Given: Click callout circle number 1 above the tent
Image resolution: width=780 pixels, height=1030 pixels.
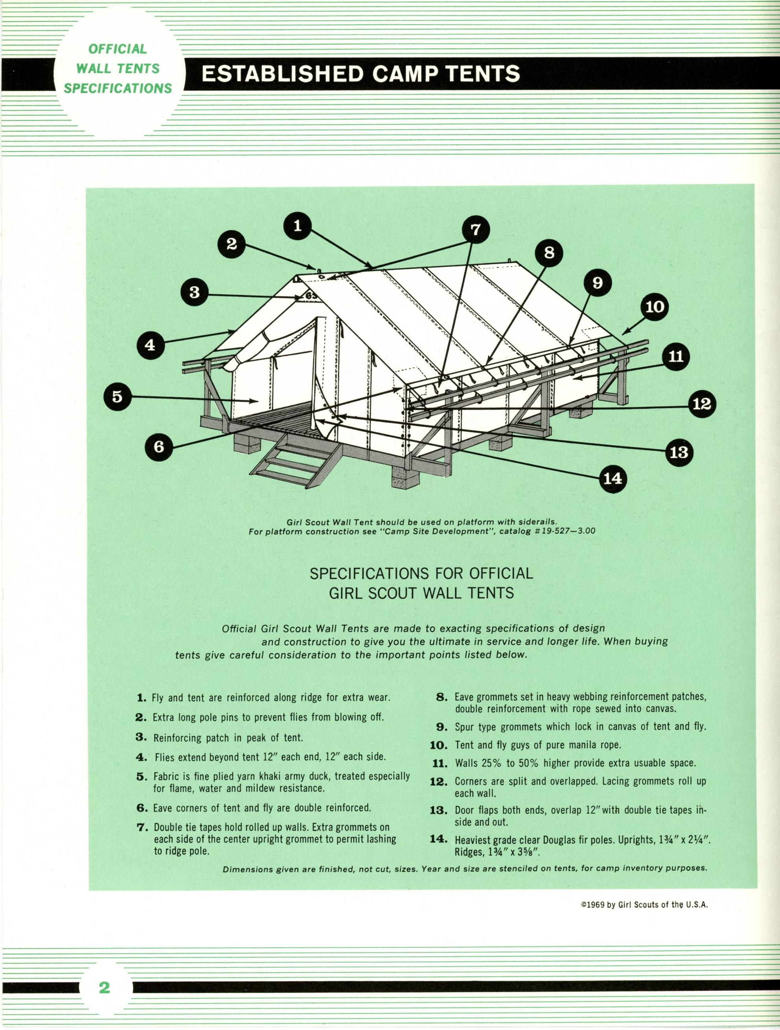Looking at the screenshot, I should [x=298, y=226].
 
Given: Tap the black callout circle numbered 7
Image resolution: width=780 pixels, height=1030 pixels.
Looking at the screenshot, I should [x=475, y=229].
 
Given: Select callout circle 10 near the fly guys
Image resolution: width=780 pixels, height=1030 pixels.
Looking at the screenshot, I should [x=655, y=307].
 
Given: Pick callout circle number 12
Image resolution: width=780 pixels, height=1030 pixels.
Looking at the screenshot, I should [x=702, y=404].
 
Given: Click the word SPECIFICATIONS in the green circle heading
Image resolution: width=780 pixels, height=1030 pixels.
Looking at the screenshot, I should [x=118, y=88].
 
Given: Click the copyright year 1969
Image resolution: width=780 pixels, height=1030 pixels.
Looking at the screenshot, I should [x=596, y=905].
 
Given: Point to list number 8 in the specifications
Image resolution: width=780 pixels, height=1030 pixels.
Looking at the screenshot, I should [x=442, y=697].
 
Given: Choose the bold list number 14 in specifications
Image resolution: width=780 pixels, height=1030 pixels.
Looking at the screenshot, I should [x=438, y=839].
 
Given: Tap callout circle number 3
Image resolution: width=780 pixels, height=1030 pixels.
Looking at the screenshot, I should [x=195, y=292].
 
